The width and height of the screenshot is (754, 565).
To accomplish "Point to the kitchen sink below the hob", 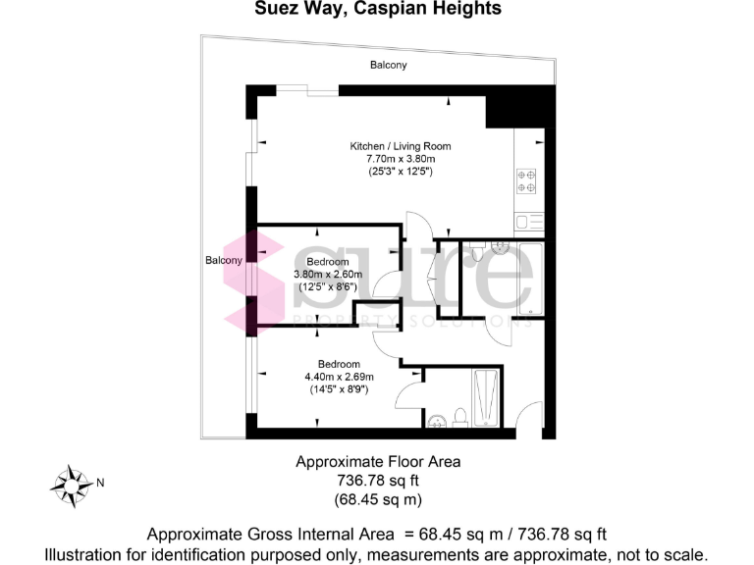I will pyautogui.click(x=525, y=222).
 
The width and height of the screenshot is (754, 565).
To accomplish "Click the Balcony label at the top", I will pyautogui.click(x=388, y=65).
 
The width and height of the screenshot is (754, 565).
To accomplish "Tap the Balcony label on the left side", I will pyautogui.click(x=224, y=260).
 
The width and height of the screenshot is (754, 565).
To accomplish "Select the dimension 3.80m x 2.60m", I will pyautogui.click(x=328, y=275).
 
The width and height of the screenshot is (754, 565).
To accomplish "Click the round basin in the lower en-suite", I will pyautogui.click(x=438, y=423).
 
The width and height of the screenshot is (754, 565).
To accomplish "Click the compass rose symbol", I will pyautogui.click(x=71, y=483).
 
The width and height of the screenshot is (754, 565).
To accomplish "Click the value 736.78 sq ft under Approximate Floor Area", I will pyautogui.click(x=378, y=481).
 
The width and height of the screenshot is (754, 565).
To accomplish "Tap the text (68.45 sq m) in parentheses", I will pyautogui.click(x=378, y=499).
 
